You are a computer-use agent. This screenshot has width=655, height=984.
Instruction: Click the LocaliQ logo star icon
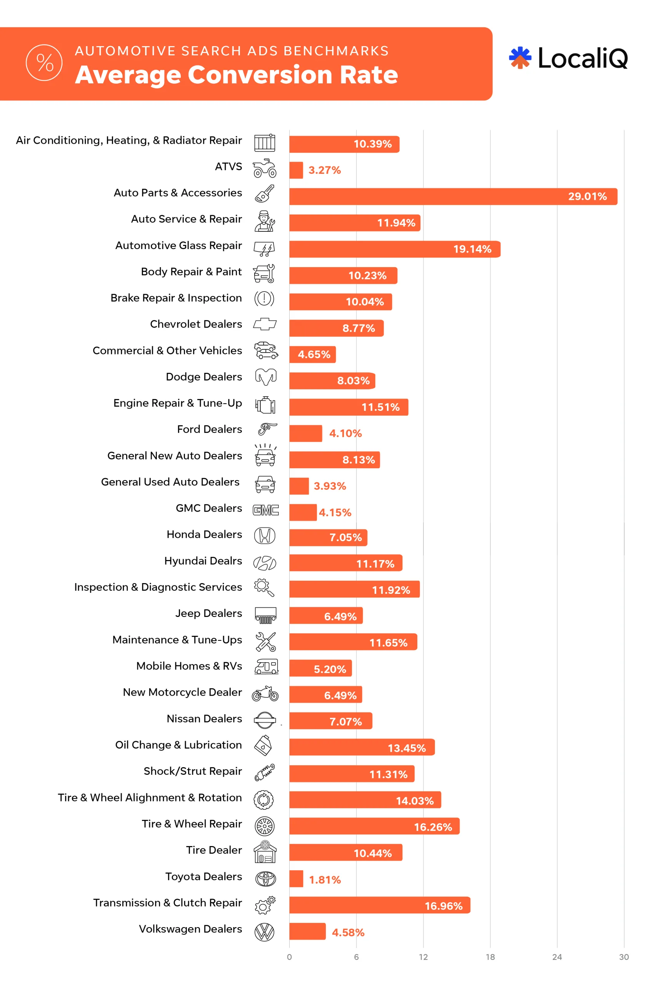[x=520, y=58]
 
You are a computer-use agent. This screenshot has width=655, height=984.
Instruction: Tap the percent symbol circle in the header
[x=44, y=63]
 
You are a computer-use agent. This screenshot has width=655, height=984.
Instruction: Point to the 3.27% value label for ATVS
[x=324, y=170]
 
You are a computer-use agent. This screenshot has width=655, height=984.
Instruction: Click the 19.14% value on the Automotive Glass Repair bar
[x=472, y=249]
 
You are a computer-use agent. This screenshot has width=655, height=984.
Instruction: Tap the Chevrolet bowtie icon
[x=265, y=324]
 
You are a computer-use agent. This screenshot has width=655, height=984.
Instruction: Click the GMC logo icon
[x=266, y=510]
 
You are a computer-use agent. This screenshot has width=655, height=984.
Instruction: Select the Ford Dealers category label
[x=209, y=429]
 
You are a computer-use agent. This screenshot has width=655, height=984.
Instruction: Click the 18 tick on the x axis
[x=490, y=957]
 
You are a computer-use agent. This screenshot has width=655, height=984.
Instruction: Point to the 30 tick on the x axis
[x=624, y=957]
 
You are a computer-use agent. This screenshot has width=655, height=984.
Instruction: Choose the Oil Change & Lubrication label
[x=178, y=745]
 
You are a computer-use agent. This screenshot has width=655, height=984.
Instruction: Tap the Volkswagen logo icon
[x=264, y=932]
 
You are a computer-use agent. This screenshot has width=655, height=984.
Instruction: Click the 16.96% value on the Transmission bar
[x=443, y=906]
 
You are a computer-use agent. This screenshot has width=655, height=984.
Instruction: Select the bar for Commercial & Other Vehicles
[x=312, y=354]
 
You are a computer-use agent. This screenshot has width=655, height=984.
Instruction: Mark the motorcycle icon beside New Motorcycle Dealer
[x=265, y=694]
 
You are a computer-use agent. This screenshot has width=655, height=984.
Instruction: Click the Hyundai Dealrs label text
[x=203, y=561]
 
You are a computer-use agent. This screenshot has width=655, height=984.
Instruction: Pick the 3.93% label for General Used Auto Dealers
[x=330, y=486]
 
